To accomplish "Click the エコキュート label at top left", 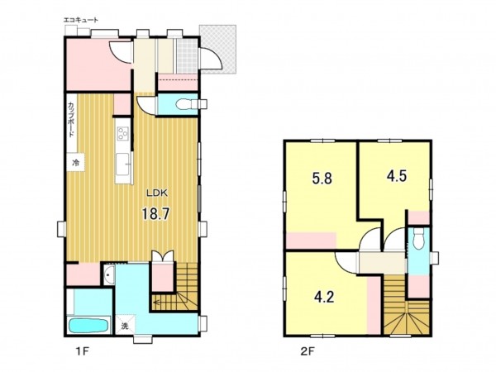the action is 81,20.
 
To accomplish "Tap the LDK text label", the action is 156,193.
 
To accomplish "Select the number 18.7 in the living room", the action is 155,214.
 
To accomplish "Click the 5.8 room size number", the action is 322,179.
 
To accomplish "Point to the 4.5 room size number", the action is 397,176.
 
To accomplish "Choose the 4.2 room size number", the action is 324,297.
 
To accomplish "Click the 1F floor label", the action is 83,351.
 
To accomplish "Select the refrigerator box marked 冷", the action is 75,163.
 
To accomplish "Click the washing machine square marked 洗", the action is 125,326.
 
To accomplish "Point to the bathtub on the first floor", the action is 88,326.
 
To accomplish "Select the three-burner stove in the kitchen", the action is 122,133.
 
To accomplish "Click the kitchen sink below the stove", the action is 122,164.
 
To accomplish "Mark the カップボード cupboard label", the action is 71,119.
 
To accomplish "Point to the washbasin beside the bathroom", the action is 108,274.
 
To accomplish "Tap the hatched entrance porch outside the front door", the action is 218,50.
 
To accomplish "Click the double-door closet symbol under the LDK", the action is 163,256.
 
